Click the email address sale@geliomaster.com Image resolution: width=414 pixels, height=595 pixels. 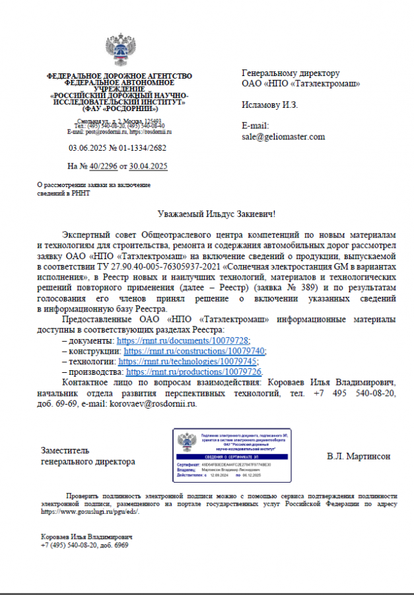(283, 137)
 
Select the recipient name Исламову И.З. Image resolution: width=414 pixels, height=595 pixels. (270, 104)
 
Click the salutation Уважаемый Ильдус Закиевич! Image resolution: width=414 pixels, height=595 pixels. (215, 214)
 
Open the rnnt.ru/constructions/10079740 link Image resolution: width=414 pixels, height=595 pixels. (195, 350)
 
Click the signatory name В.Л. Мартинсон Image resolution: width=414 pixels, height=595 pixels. (359, 456)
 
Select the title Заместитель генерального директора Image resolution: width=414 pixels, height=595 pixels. (88, 456)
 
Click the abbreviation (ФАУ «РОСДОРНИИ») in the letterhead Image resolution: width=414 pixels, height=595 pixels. (119, 108)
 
